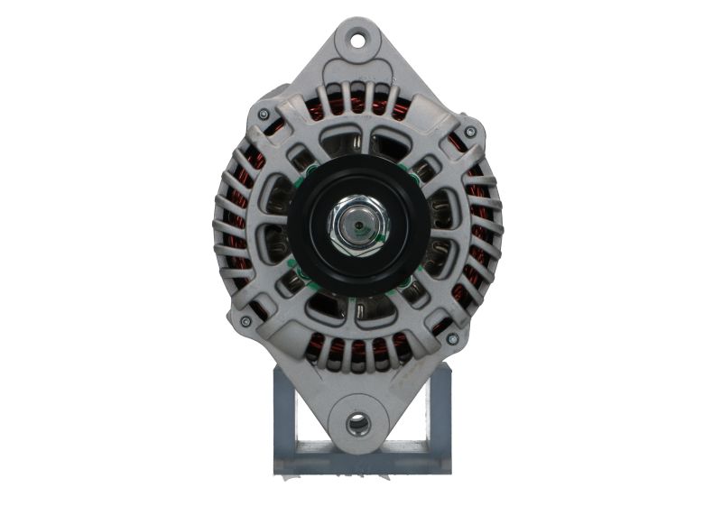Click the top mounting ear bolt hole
(x=358, y=39)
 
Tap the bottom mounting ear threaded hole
(x=358, y=421)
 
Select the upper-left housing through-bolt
(x=263, y=115)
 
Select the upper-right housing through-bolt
(x=469, y=133)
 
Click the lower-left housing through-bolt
(x=245, y=320)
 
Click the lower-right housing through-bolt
(x=452, y=338)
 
